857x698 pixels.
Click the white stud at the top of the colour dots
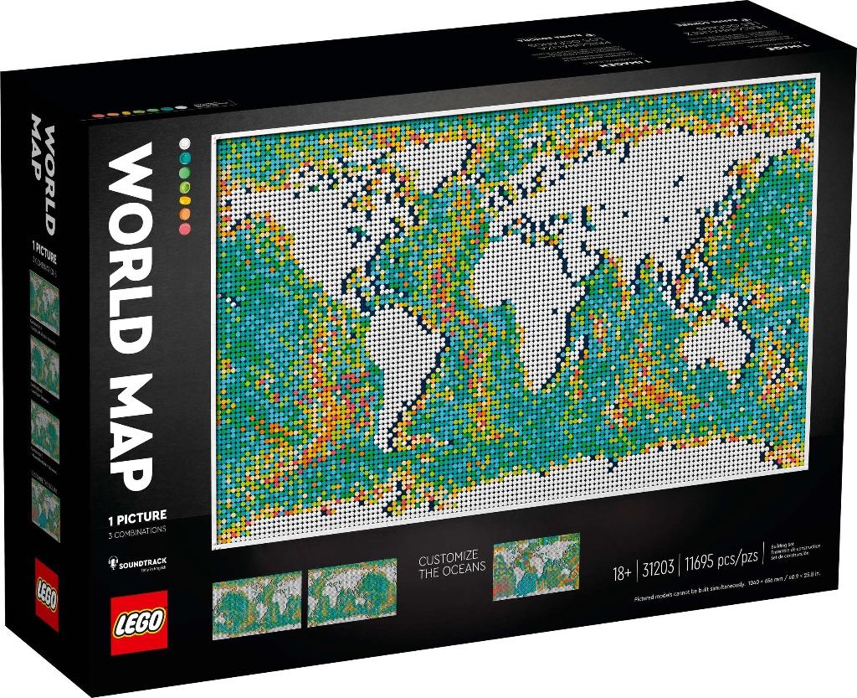point(184,143)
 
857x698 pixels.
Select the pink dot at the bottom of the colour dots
point(184,228)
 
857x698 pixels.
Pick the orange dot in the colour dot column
point(184,214)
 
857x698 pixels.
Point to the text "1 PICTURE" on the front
point(136,516)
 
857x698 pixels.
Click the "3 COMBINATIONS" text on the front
point(136,530)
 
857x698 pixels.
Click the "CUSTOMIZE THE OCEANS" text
point(452,561)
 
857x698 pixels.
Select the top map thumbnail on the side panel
point(44,302)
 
